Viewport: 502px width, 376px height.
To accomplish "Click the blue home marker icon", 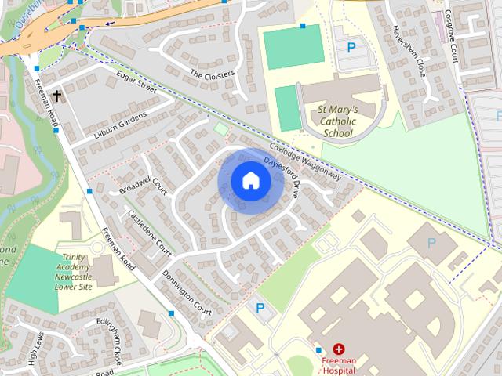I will pos(250,181).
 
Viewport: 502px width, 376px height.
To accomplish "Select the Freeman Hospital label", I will pos(338,365).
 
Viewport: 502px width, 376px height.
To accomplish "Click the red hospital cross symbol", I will pos(338,349).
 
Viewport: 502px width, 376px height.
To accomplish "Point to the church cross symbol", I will pos(56,96).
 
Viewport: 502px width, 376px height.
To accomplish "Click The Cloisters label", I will pos(212,74).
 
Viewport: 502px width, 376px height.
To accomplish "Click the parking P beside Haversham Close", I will pos(351,47).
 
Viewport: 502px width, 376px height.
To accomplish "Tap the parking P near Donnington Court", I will pos(260,309).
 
